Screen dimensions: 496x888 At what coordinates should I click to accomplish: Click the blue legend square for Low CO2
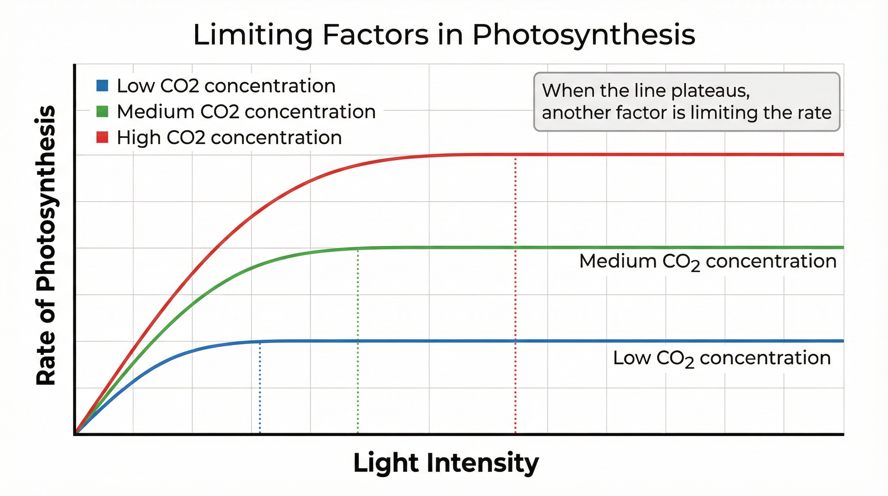click(x=102, y=86)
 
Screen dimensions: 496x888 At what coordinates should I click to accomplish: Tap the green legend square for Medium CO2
click(x=102, y=111)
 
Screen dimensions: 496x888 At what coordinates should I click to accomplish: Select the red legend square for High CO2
click(x=102, y=137)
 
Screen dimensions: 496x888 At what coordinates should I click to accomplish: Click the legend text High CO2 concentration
click(x=229, y=138)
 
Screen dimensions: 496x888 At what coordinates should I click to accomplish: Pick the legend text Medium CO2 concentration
click(x=246, y=112)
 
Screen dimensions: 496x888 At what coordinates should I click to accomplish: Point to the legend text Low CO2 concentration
click(x=226, y=86)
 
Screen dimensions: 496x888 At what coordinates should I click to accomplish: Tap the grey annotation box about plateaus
click(x=686, y=101)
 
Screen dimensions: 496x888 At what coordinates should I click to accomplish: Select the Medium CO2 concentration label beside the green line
click(x=708, y=262)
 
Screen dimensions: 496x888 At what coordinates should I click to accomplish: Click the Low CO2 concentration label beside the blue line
click(x=721, y=358)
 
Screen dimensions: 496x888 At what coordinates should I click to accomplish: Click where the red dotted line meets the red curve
click(x=515, y=155)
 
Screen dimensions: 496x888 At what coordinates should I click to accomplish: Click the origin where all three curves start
click(x=75, y=434)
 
